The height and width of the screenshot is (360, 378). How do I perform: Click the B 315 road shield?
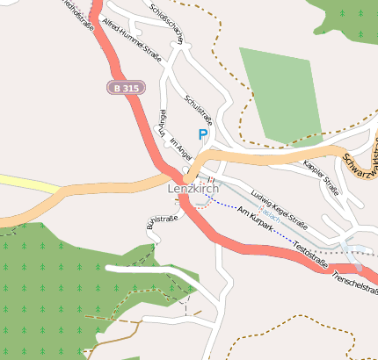(127, 88)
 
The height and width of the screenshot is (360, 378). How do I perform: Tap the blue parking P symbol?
(203, 134)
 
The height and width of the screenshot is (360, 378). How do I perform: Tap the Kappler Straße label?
(319, 176)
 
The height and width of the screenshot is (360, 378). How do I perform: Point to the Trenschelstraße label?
(355, 282)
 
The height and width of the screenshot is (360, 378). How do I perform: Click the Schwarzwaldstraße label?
(360, 164)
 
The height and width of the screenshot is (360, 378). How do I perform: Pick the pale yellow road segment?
(26, 184)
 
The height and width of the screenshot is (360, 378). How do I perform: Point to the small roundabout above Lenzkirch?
(187, 169)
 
